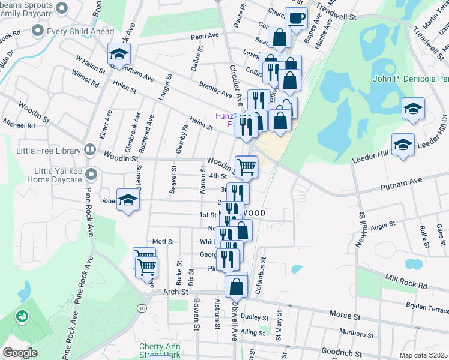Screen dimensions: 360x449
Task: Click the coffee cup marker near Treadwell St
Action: pos(295,19)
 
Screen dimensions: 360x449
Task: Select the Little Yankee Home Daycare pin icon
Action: pos(91,175)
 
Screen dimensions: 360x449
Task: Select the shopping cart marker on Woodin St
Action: pos(246,166)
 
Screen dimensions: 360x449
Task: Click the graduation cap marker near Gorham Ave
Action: pos(119,55)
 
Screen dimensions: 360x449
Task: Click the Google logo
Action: pos(20,353)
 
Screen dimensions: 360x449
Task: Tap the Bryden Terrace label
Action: pos(427,308)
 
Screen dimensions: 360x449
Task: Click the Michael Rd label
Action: pos(18,125)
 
